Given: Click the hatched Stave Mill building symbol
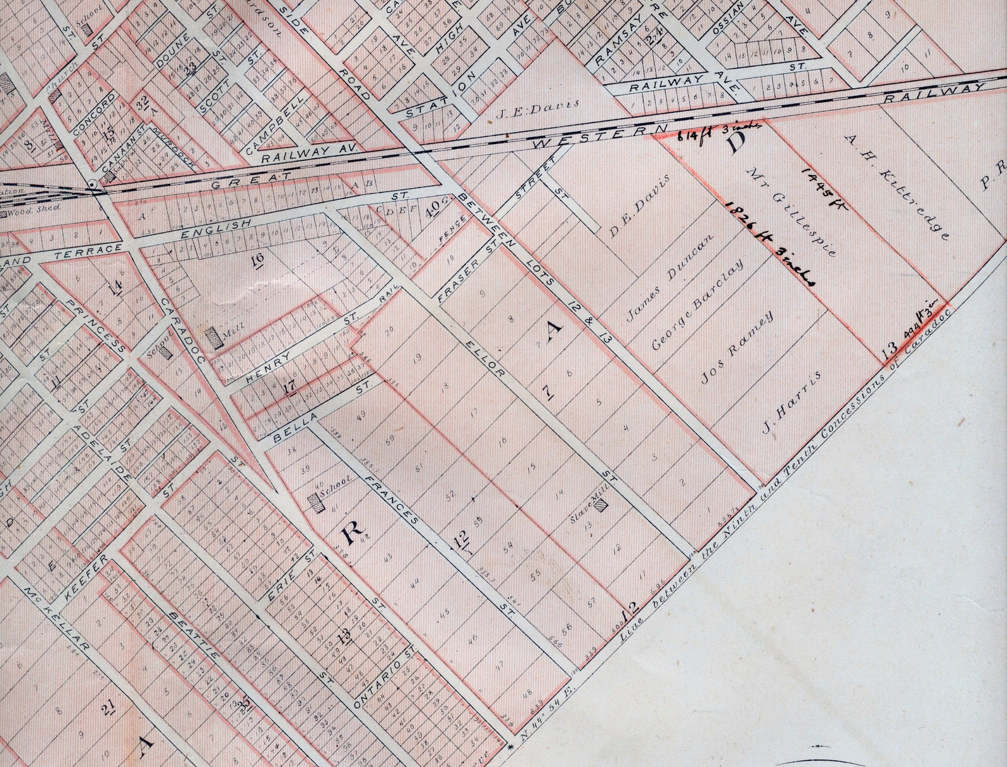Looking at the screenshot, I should tap(601, 506).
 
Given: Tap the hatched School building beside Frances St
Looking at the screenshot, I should tap(315, 502).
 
